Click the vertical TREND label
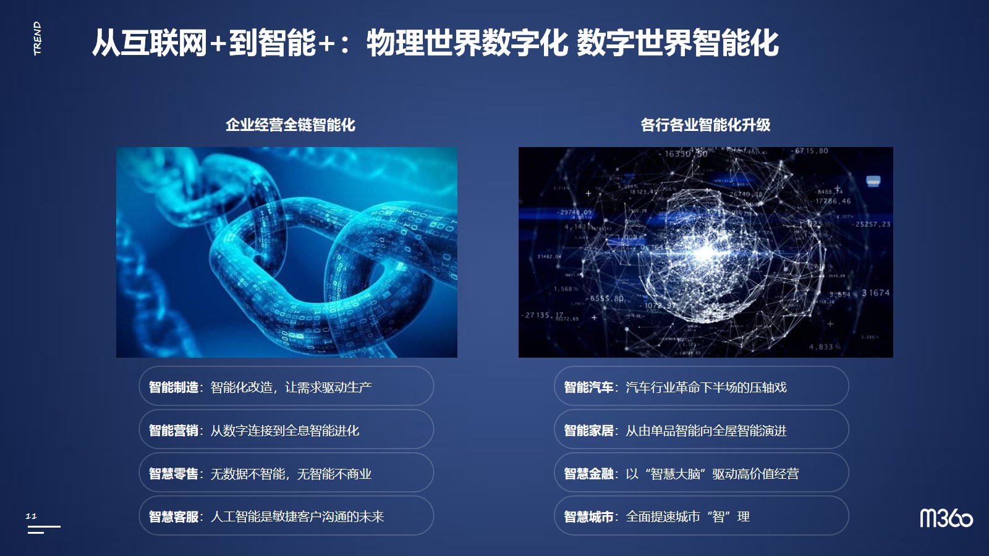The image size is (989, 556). coord(38,38)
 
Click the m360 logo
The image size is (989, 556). coord(946,518)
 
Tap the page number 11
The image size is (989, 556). coord(31,516)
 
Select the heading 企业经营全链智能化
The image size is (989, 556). coord(291,125)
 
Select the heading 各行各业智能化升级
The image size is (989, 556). coord(705,125)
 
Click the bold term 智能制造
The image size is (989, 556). coord(174,387)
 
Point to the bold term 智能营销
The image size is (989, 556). coord(174,430)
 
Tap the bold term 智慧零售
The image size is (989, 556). coord(174,473)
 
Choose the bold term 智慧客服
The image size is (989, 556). coord(174,516)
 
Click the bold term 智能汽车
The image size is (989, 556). coord(588,387)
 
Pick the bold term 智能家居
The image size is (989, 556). coord(588,430)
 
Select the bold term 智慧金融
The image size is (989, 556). coord(588,473)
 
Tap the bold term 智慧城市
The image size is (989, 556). coord(588,516)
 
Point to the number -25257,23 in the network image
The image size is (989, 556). coord(871,224)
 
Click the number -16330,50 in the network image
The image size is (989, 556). coord(683,154)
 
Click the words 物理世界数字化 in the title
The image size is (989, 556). coord(467,43)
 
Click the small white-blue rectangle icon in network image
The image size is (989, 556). coord(873,181)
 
